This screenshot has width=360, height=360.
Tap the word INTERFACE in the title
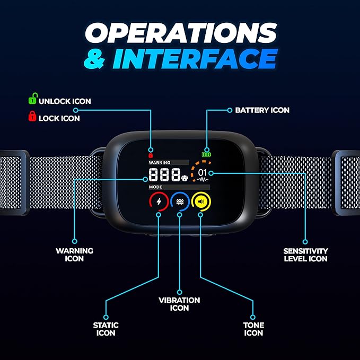(x=195, y=59)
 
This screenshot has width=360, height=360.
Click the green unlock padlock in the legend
(x=32, y=99)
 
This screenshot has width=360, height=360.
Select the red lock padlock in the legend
(x=32, y=117)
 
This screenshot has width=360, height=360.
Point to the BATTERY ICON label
(x=262, y=110)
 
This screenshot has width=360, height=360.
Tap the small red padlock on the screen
(x=151, y=156)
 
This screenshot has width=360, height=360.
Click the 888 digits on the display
(x=164, y=175)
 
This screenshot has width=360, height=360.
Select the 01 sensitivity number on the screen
(x=203, y=173)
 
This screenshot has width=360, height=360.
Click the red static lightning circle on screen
(x=159, y=201)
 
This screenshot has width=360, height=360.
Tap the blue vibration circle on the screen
(x=180, y=201)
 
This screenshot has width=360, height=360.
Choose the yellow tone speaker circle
(x=201, y=201)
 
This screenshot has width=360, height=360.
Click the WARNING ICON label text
(x=74, y=254)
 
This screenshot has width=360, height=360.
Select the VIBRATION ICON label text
(x=180, y=304)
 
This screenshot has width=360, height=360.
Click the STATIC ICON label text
(x=106, y=329)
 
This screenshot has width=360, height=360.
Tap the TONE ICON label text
(x=254, y=329)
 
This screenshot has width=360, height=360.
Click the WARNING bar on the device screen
(x=168, y=162)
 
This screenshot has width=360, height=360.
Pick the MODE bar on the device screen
(x=178, y=187)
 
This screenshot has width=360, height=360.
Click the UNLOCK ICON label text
(x=65, y=101)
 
